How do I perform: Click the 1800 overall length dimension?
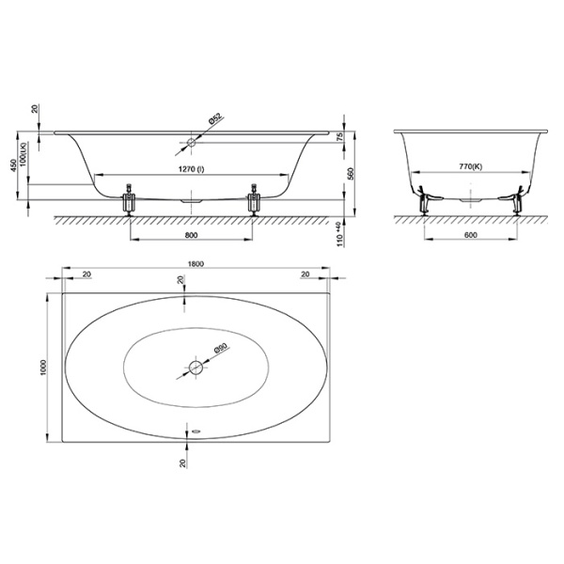(196, 263)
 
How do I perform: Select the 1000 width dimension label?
(44, 368)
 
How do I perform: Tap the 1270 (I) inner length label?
(192, 169)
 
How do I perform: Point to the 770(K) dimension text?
(471, 166)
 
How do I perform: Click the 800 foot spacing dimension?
(192, 235)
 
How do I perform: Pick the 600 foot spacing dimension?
(471, 235)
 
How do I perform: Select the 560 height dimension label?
(352, 173)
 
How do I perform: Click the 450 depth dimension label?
(13, 164)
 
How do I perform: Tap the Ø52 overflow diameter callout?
(216, 119)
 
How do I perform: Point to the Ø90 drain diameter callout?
(220, 350)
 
